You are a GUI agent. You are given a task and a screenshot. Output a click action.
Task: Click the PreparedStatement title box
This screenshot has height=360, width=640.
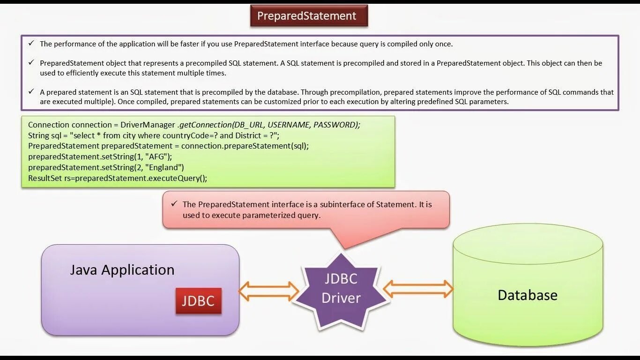pos(309,16)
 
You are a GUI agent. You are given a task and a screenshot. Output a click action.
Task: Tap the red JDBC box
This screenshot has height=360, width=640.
pos(198,300)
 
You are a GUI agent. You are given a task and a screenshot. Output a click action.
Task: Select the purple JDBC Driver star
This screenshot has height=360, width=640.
pos(341,289)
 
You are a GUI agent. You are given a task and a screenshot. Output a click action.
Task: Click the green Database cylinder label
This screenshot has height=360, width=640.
pos(527,295)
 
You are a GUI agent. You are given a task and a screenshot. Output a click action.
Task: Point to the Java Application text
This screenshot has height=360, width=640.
pos(122,270)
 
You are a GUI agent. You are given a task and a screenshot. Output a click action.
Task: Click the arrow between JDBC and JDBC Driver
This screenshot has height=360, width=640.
pos(268,292)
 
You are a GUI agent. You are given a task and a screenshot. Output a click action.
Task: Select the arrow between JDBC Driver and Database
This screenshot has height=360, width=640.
pos(418,289)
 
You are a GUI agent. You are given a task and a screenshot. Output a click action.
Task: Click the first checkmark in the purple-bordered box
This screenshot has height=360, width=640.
pos(31,44)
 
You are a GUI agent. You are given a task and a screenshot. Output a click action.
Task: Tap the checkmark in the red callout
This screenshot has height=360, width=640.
pos(174,204)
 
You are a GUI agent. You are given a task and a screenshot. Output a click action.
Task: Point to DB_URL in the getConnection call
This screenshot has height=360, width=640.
pos(247,125)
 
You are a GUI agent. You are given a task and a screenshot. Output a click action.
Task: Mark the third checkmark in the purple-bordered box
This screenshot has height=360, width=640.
pos(31,92)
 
